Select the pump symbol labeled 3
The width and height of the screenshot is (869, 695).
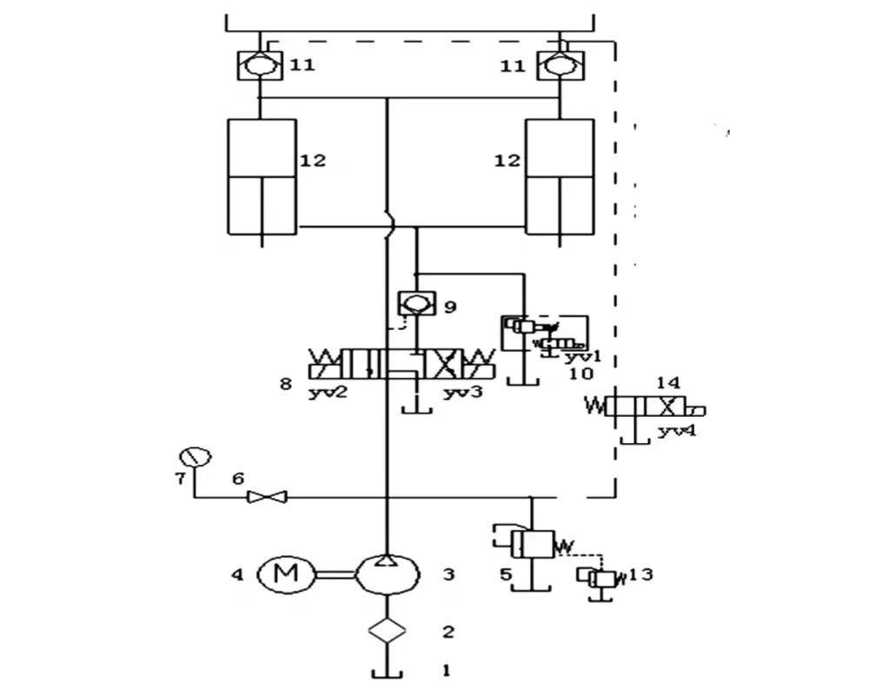point(388,573)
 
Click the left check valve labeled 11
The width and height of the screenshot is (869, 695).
point(258,65)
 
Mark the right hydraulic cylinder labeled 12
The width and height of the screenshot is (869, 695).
point(561,176)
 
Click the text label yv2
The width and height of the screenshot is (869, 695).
point(328,393)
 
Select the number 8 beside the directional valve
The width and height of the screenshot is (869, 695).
point(285,381)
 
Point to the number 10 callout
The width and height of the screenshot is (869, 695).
point(580,374)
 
